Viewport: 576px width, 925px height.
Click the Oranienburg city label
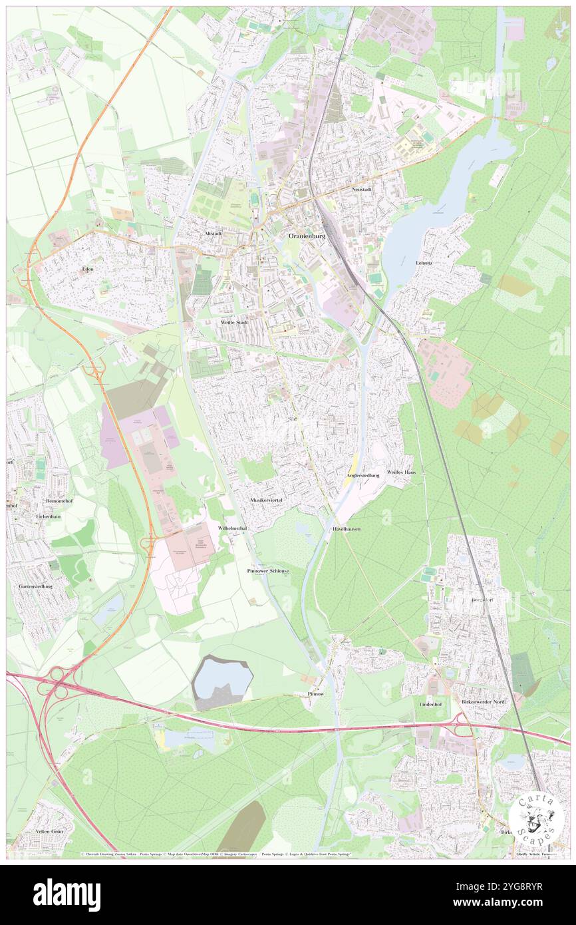(x=306, y=236)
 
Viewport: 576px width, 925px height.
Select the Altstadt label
(x=212, y=234)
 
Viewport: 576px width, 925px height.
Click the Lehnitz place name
(x=424, y=263)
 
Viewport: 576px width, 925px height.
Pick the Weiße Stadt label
(x=234, y=322)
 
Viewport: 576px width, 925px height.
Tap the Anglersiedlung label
(x=362, y=476)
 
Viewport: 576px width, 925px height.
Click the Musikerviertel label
(x=266, y=499)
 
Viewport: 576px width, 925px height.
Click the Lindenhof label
(x=430, y=703)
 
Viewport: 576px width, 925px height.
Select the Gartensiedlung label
(x=35, y=586)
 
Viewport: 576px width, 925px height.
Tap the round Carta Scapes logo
(x=536, y=818)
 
